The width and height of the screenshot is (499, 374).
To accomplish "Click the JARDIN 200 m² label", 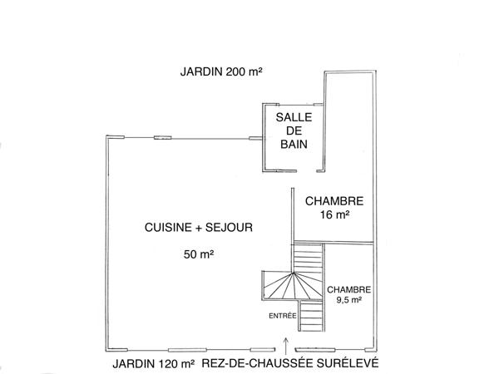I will pos(221,71).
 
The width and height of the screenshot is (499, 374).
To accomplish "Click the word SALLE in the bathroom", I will pos(294,117).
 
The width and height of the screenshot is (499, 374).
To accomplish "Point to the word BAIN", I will pos(294,145).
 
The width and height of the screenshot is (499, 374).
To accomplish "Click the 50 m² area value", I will pos(199,255).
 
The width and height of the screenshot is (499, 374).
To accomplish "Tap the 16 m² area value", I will pos(334,214).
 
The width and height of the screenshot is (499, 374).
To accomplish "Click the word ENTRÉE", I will pos(282,315).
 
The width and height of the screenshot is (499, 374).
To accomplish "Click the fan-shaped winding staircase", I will pos(290,286).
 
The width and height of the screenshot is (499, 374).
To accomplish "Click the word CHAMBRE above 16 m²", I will pos(334,201).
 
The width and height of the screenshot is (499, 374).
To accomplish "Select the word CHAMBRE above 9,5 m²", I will pos(348,289).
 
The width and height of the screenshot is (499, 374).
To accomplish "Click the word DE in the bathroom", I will pos(294,131).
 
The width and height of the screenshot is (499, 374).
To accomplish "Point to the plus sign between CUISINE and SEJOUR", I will pos(202,226).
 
